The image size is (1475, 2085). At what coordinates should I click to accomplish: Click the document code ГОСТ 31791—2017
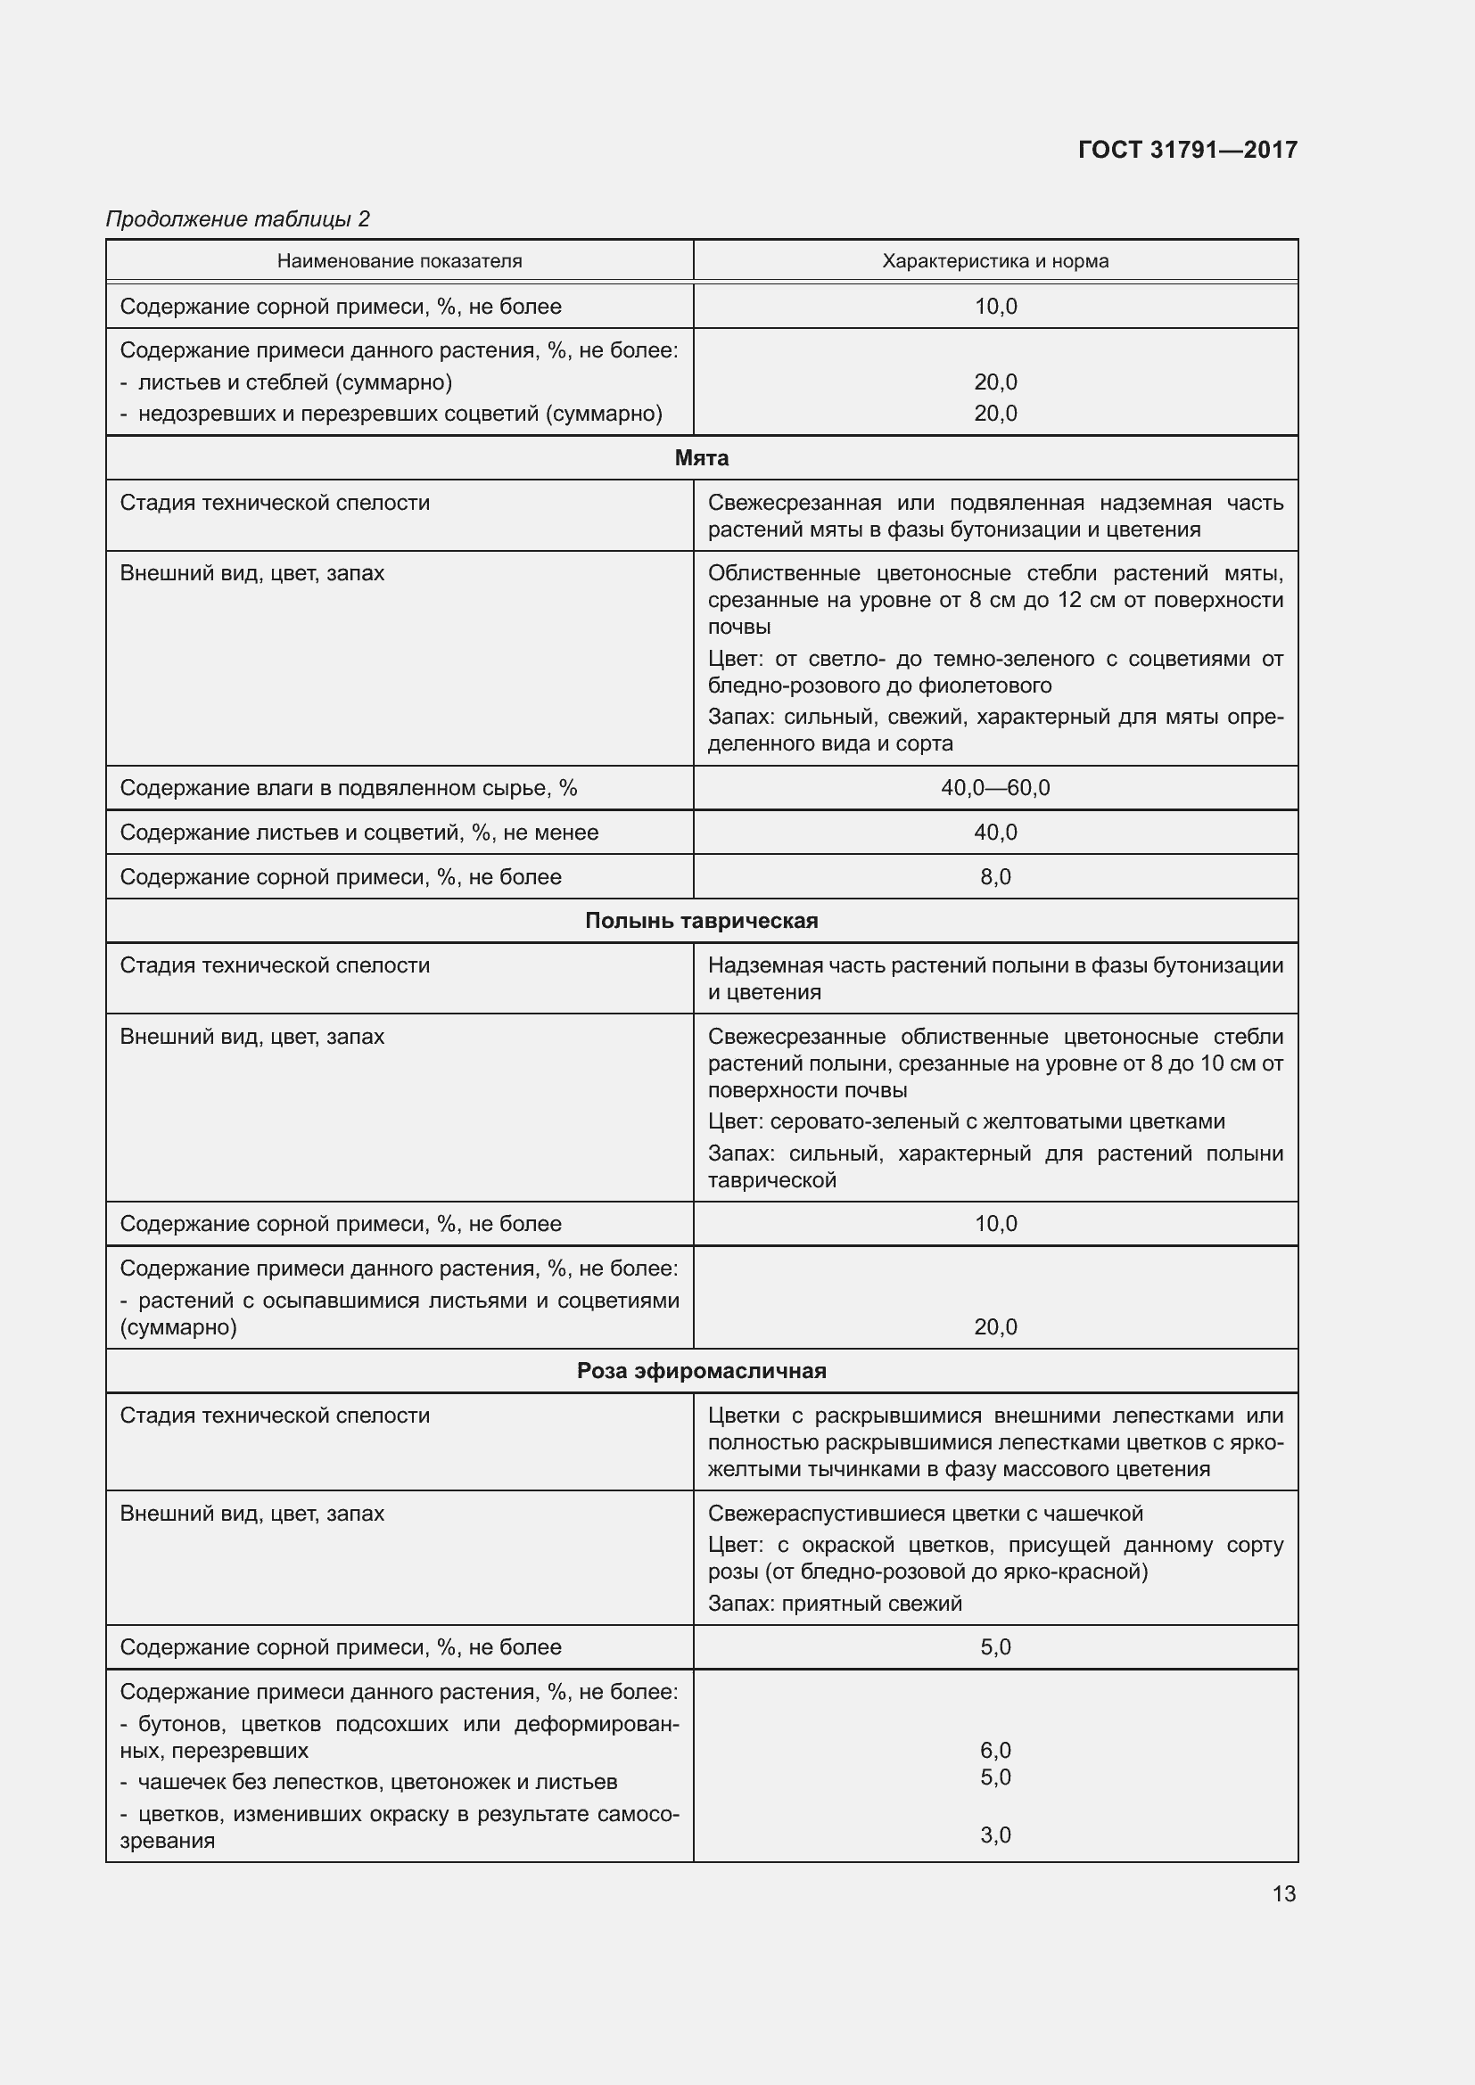point(1187,150)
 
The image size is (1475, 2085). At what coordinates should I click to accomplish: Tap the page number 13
point(1283,1893)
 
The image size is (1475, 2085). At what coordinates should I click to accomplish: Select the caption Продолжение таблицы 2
point(238,219)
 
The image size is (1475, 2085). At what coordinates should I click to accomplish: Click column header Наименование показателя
point(400,261)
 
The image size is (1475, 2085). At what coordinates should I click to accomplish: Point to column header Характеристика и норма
point(994,261)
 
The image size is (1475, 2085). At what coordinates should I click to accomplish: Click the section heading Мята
point(701,457)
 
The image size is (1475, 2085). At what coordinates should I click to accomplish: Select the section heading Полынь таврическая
point(701,921)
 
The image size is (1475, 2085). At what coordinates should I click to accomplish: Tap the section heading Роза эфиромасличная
point(701,1370)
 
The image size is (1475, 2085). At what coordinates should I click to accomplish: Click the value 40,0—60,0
point(994,787)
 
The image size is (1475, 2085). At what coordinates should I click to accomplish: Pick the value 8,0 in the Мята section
point(994,877)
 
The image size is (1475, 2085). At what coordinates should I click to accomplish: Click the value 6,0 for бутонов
point(994,1750)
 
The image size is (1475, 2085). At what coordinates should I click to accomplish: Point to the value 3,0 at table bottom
point(994,1835)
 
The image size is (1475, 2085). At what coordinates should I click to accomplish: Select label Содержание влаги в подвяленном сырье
point(348,787)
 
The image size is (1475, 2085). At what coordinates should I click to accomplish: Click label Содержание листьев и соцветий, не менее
point(358,832)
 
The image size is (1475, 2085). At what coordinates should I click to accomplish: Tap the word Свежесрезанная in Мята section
point(794,503)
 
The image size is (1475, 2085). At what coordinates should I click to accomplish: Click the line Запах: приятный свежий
point(834,1603)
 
